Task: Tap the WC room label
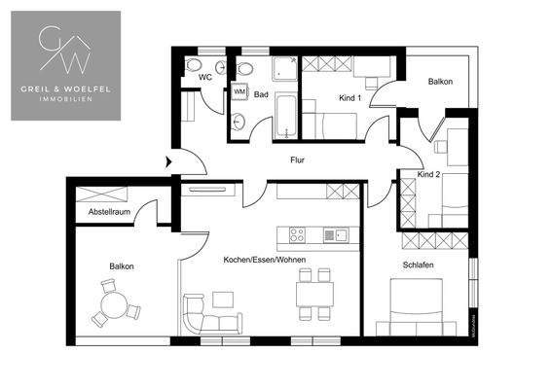(205, 76)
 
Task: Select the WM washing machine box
(239, 92)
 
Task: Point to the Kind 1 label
(349, 98)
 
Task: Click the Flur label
(299, 160)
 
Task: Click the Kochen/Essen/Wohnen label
(263, 262)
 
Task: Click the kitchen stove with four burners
(298, 234)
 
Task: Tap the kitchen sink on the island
(333, 234)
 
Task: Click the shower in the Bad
(285, 68)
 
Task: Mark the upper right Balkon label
(440, 82)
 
